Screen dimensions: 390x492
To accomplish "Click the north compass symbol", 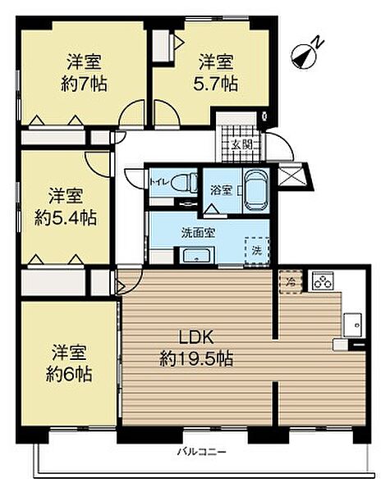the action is tap(305, 56).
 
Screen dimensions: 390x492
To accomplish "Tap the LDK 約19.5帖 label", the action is tap(196, 348).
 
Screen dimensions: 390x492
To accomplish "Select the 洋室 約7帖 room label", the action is tap(84, 73).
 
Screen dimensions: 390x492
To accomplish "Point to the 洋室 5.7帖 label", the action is tap(216, 73).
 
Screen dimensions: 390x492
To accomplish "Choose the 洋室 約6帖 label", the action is tap(69, 363).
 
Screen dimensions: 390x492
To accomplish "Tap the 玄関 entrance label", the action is tap(242, 144).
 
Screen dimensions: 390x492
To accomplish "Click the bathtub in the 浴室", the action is tap(256, 191).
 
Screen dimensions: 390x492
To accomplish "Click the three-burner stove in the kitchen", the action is tap(323, 280).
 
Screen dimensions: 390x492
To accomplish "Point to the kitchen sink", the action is tap(352, 325).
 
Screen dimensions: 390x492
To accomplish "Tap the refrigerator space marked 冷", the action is tap(291, 281).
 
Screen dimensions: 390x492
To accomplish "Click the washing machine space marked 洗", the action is tap(257, 251).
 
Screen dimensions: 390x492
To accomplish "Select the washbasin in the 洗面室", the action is tap(197, 255).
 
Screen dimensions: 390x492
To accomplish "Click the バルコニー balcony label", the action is tap(201, 452).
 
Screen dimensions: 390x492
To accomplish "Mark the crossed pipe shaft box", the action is tap(291, 174).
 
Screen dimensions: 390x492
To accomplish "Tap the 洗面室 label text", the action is tap(198, 233).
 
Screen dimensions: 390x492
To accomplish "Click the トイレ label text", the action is tap(160, 182).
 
